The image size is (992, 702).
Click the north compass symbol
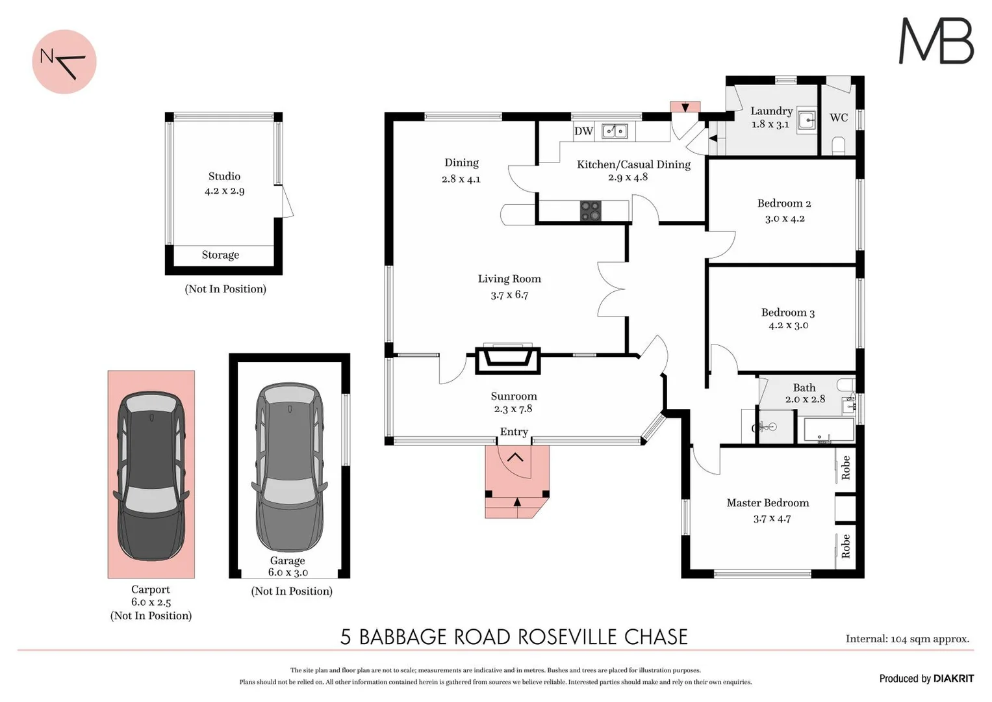(64, 62)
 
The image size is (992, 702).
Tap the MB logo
(935, 41)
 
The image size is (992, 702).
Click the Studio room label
(224, 176)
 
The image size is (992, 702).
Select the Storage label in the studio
(220, 255)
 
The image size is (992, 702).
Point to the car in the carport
(151, 475)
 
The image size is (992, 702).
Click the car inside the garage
(290, 466)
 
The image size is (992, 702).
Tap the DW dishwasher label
(583, 131)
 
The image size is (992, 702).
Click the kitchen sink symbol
(615, 131)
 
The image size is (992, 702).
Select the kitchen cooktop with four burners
(591, 211)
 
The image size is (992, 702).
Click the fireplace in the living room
(507, 359)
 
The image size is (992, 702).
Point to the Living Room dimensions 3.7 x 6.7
(509, 295)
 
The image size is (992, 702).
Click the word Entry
(514, 432)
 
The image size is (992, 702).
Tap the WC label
(838, 118)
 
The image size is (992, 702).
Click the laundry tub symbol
(807, 120)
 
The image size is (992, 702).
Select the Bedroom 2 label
(784, 203)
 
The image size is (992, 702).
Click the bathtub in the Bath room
(829, 430)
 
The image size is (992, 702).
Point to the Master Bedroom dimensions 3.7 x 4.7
(772, 519)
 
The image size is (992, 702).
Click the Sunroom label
(514, 396)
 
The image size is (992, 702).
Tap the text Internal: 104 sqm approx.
(907, 639)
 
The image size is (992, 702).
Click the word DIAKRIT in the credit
(954, 679)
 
